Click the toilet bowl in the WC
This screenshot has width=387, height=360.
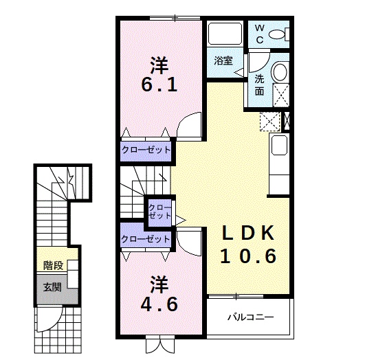click(x=276, y=34)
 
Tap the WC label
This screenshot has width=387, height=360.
click(x=259, y=34)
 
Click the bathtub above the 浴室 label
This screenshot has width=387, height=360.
click(x=225, y=34)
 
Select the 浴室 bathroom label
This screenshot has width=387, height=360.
click(x=223, y=60)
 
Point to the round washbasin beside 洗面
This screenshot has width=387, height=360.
click(x=280, y=71)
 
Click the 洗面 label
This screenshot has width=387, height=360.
click(x=259, y=85)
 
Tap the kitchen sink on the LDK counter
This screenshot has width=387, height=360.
click(x=279, y=145)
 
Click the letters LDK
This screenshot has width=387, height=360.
click(x=248, y=233)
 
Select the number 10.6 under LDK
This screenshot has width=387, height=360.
click(x=248, y=256)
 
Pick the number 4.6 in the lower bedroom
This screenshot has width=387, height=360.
click(x=159, y=304)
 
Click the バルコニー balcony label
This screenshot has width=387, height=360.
click(x=250, y=317)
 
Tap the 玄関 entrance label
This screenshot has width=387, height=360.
click(x=52, y=287)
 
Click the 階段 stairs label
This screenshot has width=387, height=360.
click(x=54, y=265)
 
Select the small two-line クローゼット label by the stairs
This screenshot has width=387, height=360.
click(x=159, y=212)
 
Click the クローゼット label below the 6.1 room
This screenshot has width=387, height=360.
click(x=146, y=150)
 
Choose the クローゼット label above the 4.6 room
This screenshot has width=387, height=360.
click(x=146, y=239)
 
